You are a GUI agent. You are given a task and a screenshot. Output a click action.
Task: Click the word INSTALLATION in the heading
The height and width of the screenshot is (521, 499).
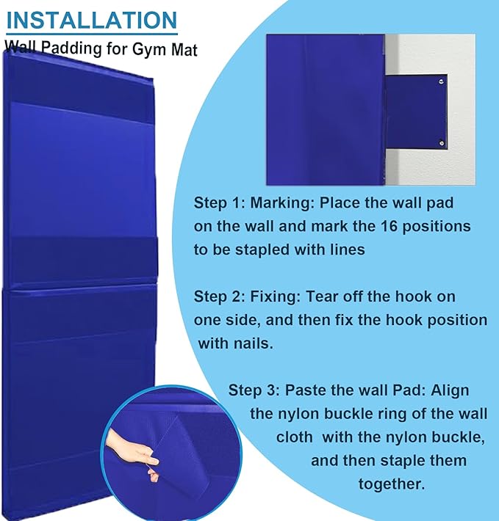point(92,19)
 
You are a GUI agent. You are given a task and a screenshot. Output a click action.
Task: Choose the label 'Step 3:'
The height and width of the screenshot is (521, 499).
point(254,390)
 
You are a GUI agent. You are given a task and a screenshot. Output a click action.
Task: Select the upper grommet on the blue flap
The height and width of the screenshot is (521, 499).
point(441,84)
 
